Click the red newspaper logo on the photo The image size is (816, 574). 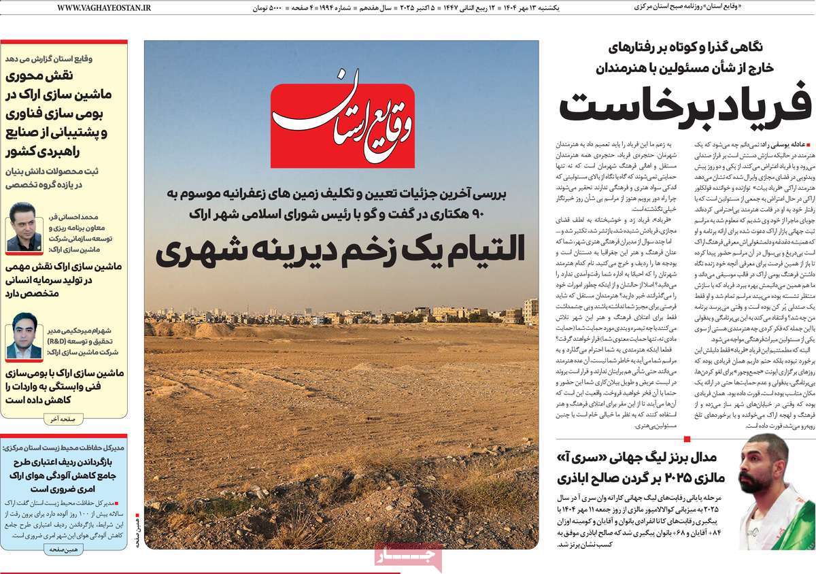pyautogui.click(x=342, y=126)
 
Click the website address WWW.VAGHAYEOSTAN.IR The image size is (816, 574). pyautogui.click(x=104, y=7)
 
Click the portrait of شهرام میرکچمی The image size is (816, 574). pyautogui.click(x=24, y=337)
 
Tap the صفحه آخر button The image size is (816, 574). pyautogui.click(x=63, y=419)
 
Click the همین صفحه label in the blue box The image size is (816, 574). pyautogui.click(x=63, y=547)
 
